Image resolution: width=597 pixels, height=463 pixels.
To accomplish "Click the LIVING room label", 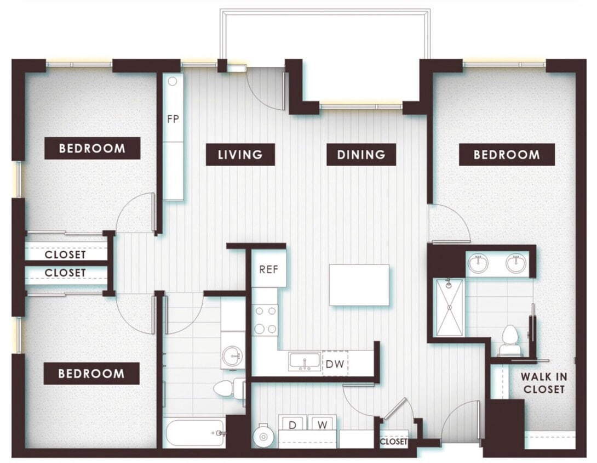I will [240, 155].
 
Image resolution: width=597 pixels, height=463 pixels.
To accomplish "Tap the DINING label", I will [361, 155].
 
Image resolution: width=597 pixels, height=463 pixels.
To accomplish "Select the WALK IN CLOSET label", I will [543, 383].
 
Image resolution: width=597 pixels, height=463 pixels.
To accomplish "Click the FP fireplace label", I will [173, 118].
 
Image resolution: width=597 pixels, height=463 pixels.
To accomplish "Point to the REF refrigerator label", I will [269, 269].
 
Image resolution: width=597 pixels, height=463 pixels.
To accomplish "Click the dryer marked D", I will [292, 424].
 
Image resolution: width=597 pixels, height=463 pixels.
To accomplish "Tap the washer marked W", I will [322, 424].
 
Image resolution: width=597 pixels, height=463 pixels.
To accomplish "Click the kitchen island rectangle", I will [359, 285].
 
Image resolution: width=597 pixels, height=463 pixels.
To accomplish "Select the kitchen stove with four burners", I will [266, 320].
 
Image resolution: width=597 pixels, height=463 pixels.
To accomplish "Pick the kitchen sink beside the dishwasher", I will [305, 362].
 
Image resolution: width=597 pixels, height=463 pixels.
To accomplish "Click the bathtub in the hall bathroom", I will [194, 433].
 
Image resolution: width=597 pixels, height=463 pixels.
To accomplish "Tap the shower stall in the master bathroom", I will [449, 307].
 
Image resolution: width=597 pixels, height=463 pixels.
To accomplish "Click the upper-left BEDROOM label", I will [92, 148].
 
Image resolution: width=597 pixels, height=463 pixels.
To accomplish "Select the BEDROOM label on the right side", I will [507, 155].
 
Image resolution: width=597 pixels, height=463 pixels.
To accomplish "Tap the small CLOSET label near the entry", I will [394, 442].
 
